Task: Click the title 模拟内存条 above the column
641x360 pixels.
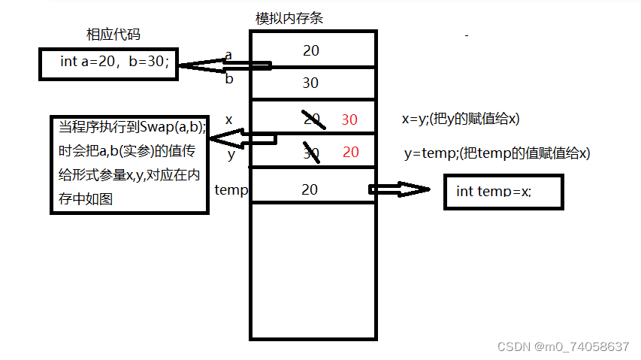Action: tap(289, 18)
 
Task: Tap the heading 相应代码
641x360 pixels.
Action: tap(113, 35)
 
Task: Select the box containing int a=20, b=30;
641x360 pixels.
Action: tap(109, 63)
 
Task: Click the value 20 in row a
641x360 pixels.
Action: tap(311, 50)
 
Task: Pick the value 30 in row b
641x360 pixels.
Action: tap(310, 83)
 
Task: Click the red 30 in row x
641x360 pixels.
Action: tap(349, 119)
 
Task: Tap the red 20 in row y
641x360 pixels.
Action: tap(351, 152)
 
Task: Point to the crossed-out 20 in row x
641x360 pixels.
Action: tap(312, 119)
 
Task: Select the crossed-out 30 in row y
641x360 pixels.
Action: tap(311, 153)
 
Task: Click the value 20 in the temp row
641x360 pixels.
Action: tap(310, 189)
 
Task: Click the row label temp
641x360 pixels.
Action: tap(231, 189)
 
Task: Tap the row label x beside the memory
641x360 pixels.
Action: tap(229, 119)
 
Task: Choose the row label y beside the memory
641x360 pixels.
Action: tap(231, 155)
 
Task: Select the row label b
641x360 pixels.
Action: tap(230, 79)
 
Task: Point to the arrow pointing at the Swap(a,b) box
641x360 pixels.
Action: tap(240, 139)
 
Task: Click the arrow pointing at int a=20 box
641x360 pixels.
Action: tap(222, 65)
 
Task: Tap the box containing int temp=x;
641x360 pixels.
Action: tap(503, 192)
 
